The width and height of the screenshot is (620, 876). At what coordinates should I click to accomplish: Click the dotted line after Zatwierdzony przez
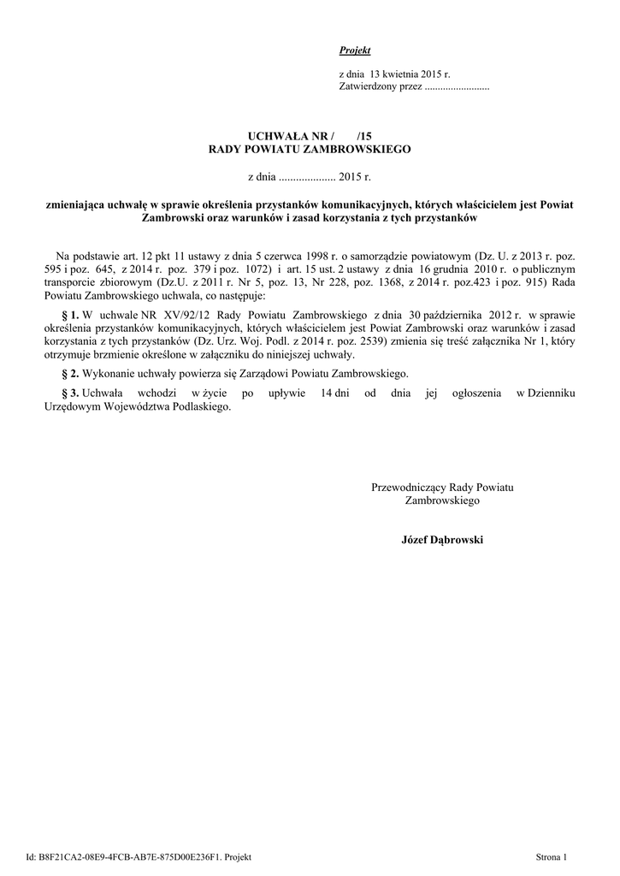coord(457,89)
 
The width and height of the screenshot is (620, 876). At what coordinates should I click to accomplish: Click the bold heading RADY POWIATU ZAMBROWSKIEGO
coord(310,149)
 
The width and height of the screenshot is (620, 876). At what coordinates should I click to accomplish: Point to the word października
coord(454,315)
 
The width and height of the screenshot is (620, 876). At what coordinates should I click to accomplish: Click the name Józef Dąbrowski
coord(441,540)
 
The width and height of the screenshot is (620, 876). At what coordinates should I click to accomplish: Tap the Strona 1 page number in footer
coord(552,856)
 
